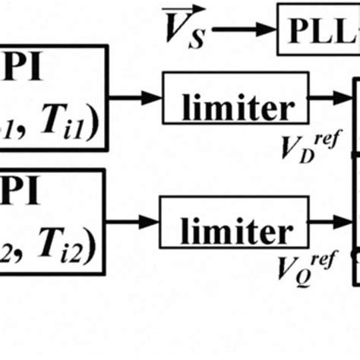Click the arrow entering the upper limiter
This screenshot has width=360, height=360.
coord(136,96)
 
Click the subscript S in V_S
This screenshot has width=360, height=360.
coord(197,38)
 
